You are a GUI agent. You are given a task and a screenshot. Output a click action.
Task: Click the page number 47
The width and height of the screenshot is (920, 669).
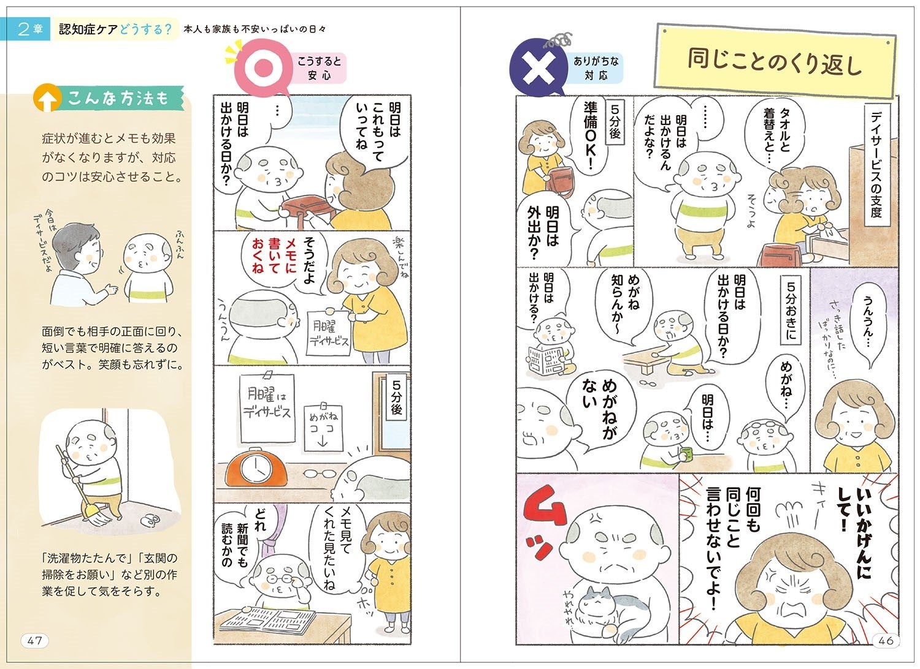[34, 640]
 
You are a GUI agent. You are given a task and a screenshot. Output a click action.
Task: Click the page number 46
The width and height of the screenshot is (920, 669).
[886, 640]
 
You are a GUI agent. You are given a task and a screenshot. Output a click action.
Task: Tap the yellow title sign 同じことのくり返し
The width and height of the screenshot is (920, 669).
[775, 61]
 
